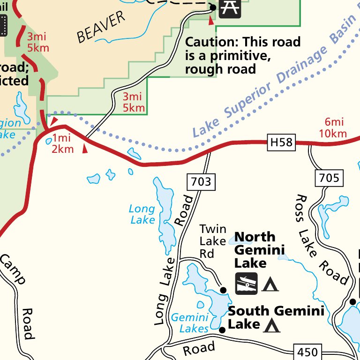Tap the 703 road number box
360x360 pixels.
(201, 181)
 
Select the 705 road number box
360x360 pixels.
(329, 178)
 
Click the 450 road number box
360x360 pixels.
(307, 352)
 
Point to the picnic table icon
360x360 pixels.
(230, 8)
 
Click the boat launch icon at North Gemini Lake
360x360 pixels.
(246, 284)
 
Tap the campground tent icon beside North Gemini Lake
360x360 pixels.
(270, 284)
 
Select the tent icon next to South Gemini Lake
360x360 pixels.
(272, 325)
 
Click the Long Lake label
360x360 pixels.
(142, 214)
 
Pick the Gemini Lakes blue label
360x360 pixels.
(190, 323)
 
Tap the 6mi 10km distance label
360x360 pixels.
(333, 127)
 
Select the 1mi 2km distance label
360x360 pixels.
(63, 143)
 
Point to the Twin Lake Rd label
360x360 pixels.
(213, 241)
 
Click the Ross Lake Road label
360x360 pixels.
(321, 239)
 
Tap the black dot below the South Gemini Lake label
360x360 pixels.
(222, 330)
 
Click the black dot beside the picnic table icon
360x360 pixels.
(213, 7)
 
